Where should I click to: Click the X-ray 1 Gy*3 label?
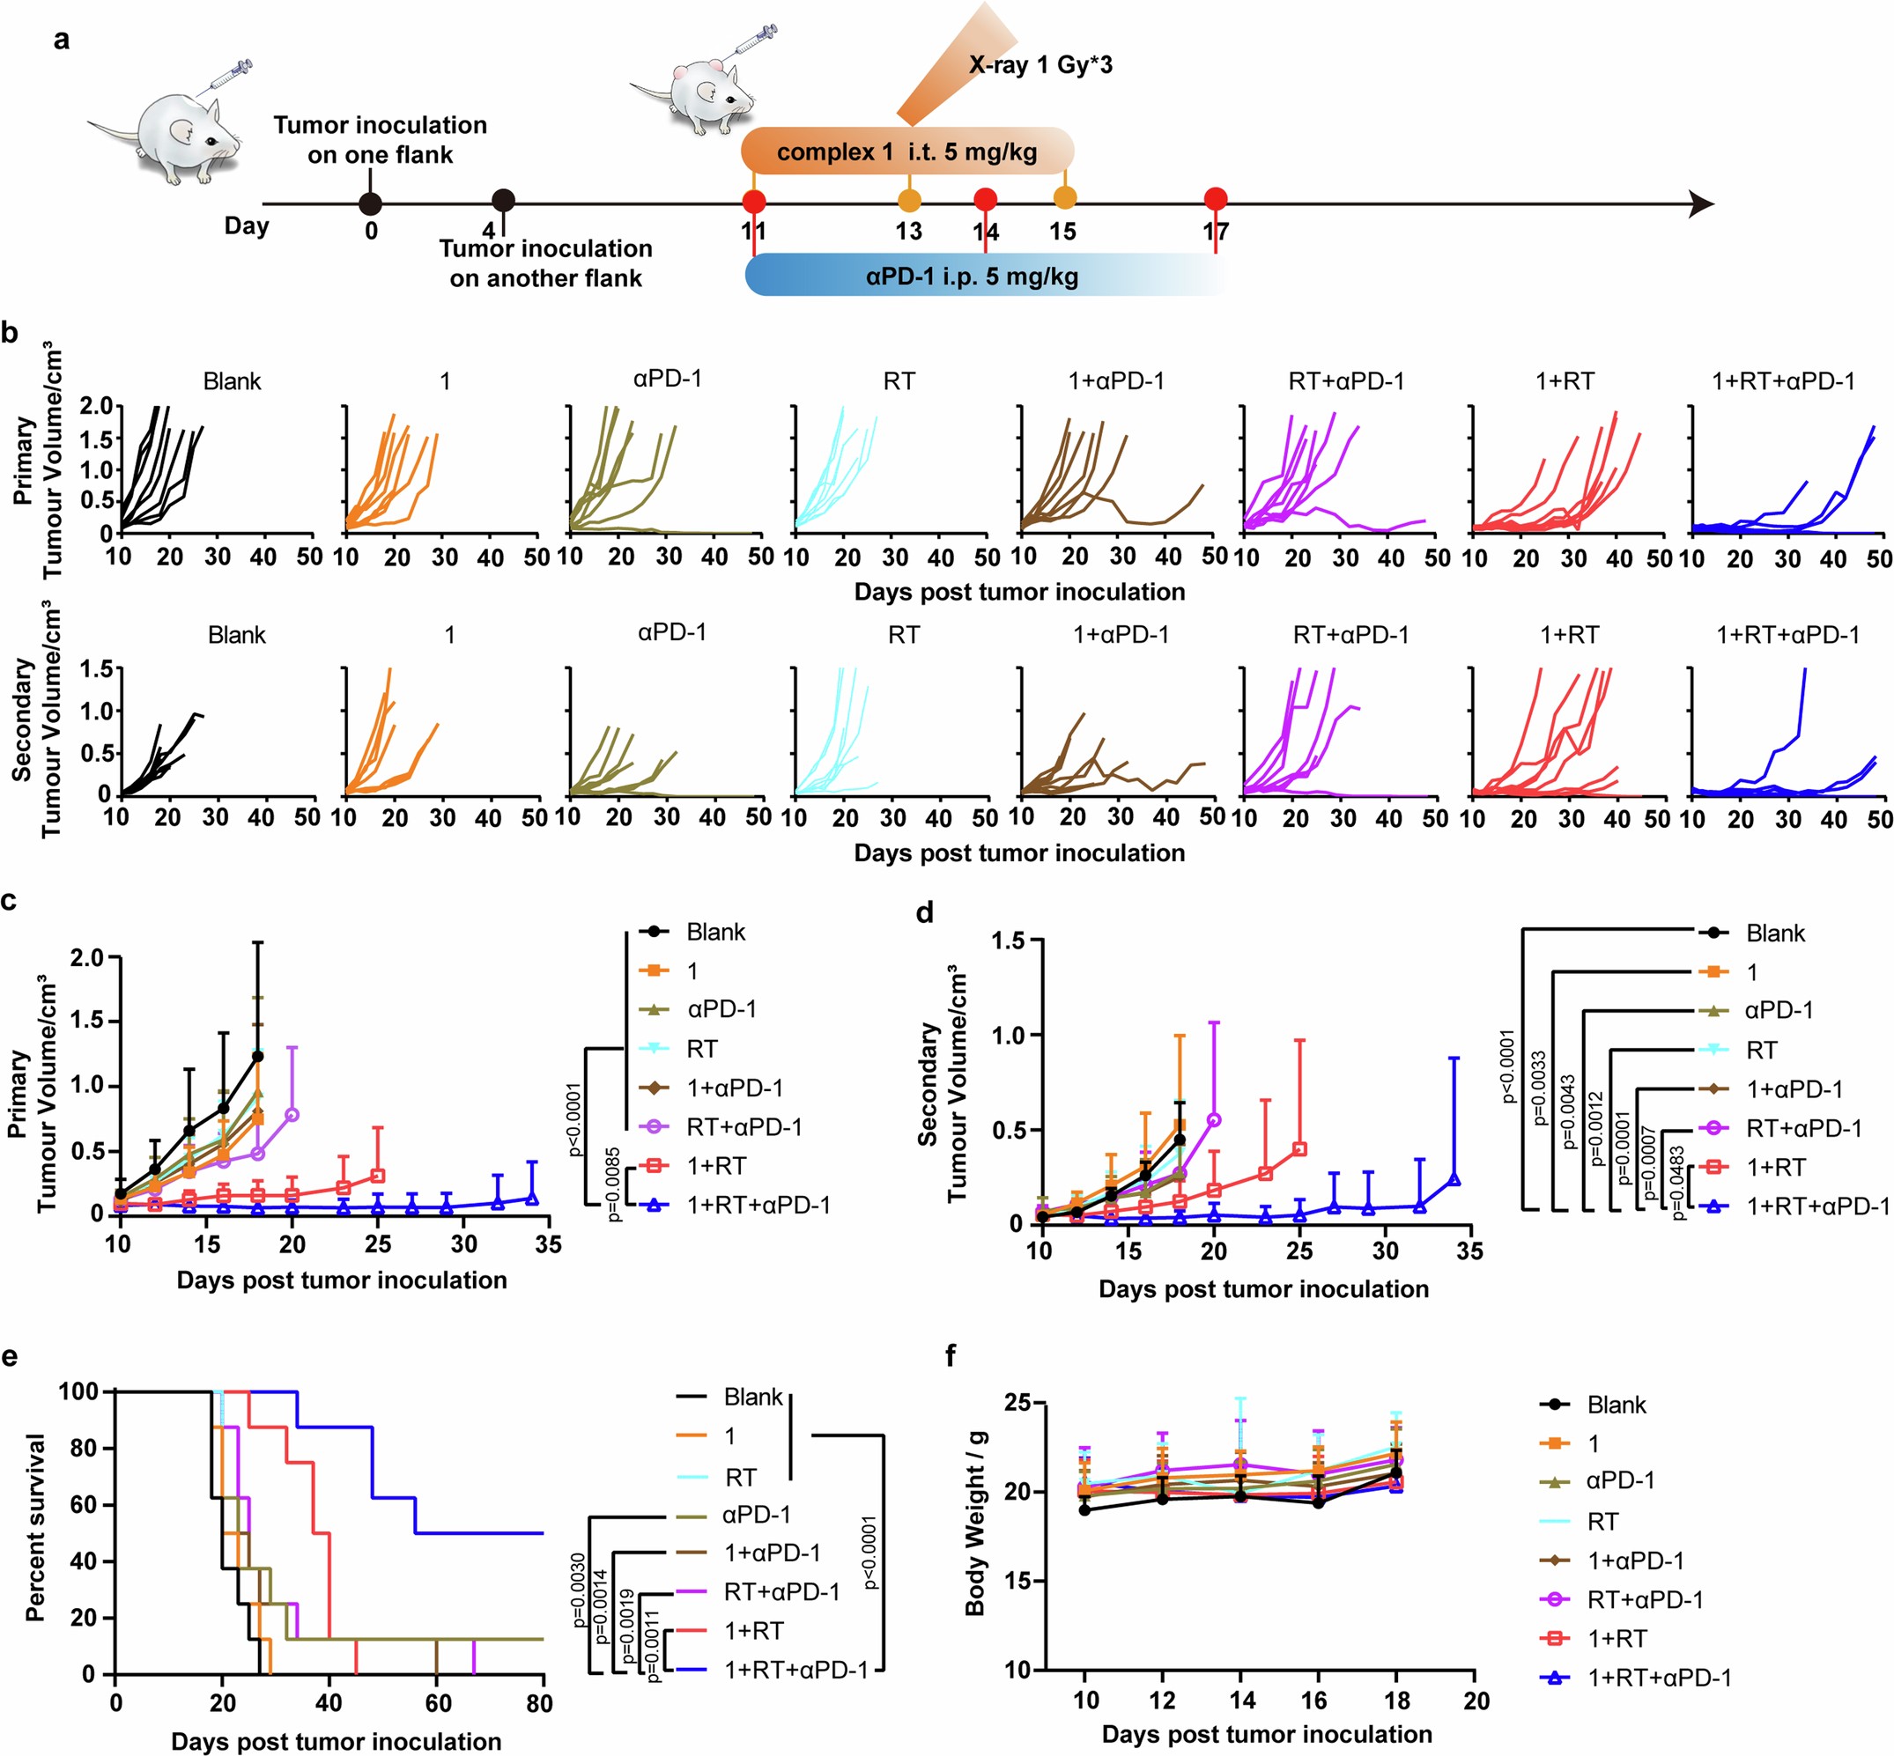[x=1039, y=65]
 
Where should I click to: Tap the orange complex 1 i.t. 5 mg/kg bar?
[x=906, y=152]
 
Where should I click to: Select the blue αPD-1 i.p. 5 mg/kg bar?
[x=972, y=277]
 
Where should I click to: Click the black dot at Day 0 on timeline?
[x=371, y=203]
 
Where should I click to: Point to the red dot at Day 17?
[x=1215, y=199]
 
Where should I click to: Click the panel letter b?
[x=11, y=334]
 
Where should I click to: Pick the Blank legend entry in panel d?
[x=1774, y=933]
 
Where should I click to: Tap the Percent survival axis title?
[x=35, y=1528]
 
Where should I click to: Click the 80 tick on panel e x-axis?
[x=539, y=1704]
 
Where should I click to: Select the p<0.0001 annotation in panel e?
[x=868, y=1552]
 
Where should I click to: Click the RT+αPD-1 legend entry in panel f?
[x=1644, y=1599]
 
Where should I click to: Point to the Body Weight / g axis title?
[x=975, y=1538]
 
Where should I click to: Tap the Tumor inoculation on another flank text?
[x=545, y=263]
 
